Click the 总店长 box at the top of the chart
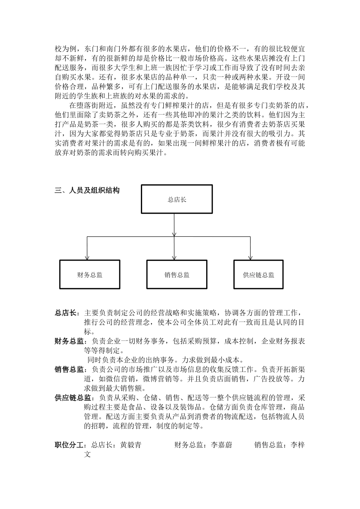(177, 199)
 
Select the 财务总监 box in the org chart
(89, 275)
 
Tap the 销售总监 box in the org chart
(177, 275)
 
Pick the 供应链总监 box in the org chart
(258, 275)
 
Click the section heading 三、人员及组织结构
(87, 190)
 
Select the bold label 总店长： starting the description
(67, 313)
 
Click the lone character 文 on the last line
(88, 454)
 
